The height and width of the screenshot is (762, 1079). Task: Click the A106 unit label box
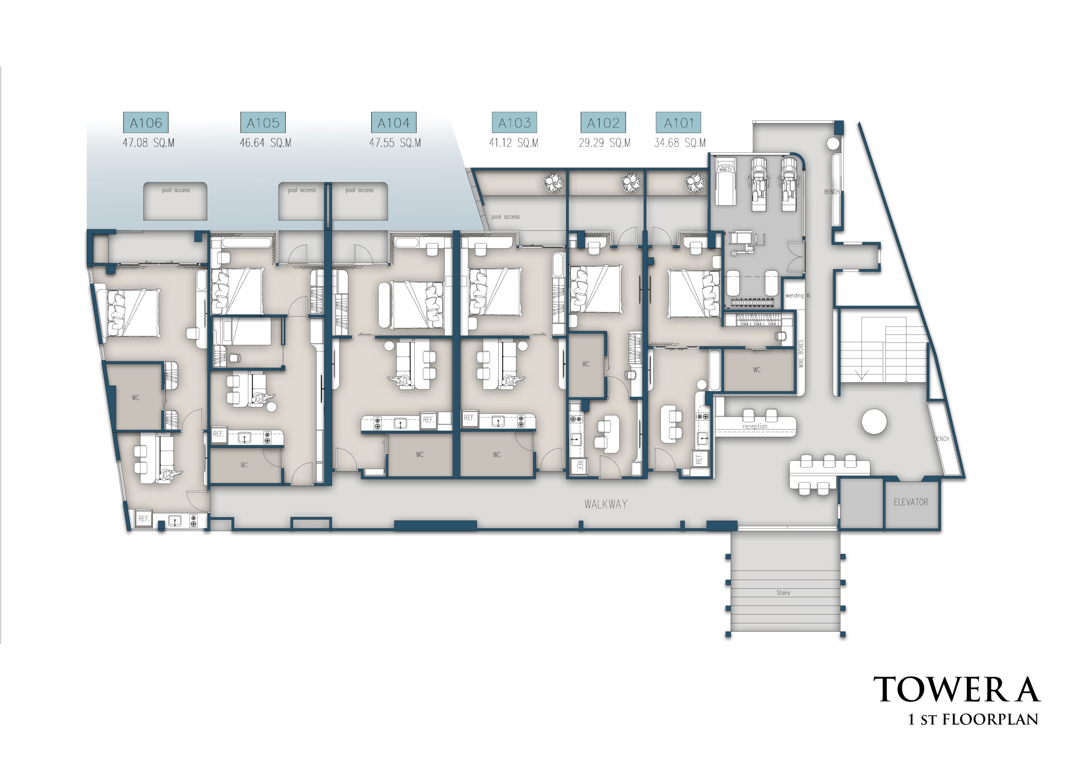click(146, 123)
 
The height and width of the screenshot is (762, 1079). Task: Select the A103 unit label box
click(514, 123)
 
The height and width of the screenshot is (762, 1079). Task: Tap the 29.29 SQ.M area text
click(604, 143)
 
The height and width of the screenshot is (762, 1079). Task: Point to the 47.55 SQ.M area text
click(395, 143)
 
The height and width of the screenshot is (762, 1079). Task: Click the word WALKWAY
click(606, 504)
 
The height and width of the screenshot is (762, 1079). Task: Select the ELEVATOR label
click(911, 502)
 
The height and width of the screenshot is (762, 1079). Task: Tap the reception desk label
click(755, 427)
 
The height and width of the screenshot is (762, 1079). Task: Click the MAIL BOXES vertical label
click(801, 353)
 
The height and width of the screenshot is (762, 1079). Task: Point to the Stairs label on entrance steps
click(783, 593)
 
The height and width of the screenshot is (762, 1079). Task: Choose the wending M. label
click(798, 296)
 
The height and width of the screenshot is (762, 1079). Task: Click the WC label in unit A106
click(135, 398)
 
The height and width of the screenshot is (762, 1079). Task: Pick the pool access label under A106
click(176, 190)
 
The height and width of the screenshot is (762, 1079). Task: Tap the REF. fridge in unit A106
click(144, 519)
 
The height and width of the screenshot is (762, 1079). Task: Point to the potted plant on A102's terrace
click(631, 183)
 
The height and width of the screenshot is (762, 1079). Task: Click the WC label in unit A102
click(585, 364)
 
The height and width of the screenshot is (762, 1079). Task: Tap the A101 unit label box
click(679, 123)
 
